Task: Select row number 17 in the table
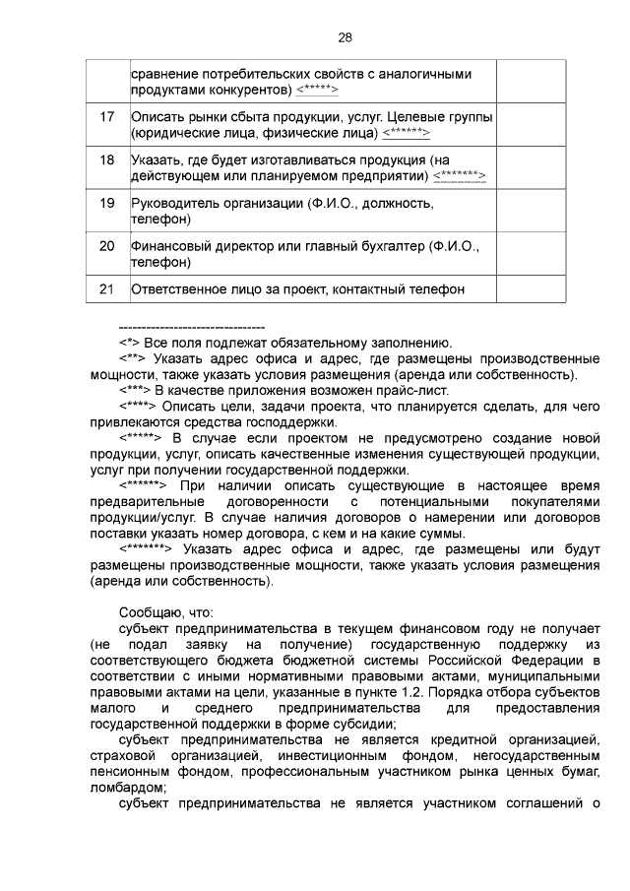coord(107,117)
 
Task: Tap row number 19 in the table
coord(107,203)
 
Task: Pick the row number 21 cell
coord(107,288)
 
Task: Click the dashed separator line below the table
coord(191,326)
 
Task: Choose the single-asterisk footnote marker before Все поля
coord(130,343)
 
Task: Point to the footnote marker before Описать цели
coord(138,406)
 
